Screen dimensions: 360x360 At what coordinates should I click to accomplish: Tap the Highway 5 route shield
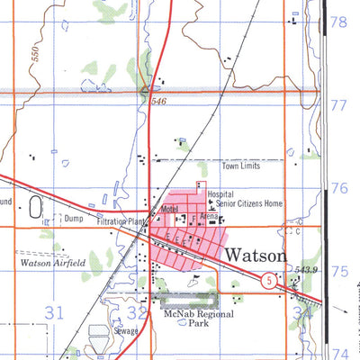[x=269, y=282]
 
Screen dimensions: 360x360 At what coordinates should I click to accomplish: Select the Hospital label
[x=220, y=193]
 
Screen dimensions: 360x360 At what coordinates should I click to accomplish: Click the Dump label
[x=73, y=218]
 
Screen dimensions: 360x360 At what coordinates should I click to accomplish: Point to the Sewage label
[x=124, y=331]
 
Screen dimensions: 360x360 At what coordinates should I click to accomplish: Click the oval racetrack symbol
[x=35, y=208]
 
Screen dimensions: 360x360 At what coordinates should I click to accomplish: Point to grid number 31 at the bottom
[x=56, y=313]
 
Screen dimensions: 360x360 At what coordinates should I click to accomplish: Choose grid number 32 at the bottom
[x=137, y=313]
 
